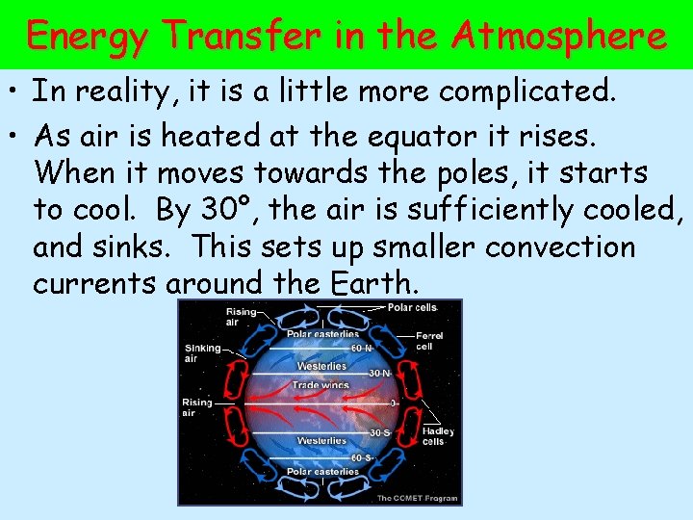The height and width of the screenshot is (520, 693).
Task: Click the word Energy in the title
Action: tap(86, 37)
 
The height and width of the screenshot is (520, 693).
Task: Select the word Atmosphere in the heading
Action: tap(559, 36)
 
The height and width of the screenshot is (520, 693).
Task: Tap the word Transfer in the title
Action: tap(234, 36)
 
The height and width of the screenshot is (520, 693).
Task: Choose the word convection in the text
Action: tap(560, 247)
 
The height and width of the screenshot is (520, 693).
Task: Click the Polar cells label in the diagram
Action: tap(412, 308)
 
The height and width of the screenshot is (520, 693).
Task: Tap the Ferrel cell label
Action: tap(429, 340)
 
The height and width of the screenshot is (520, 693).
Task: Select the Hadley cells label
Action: tap(439, 435)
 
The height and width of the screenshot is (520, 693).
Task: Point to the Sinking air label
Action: tap(203, 352)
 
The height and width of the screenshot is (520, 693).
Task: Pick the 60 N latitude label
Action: tap(363, 348)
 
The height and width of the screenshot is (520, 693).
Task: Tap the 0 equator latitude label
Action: tap(393, 403)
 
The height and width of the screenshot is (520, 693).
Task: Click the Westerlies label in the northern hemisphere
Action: tap(321, 366)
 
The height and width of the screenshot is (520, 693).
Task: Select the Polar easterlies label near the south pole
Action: tap(322, 472)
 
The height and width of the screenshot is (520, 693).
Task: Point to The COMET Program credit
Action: tap(416, 498)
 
